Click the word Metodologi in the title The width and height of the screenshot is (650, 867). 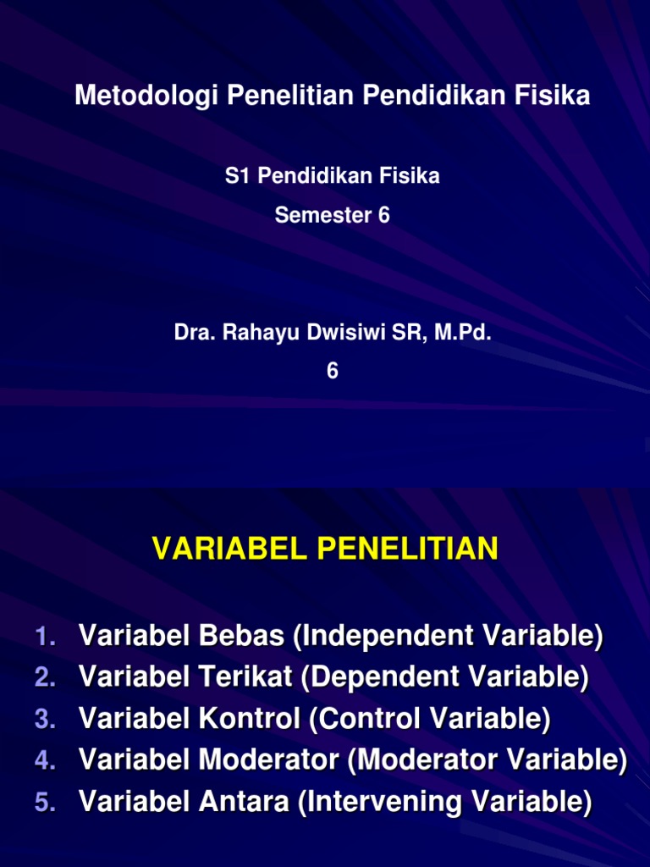coord(147,97)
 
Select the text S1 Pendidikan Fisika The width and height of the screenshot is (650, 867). coord(332,176)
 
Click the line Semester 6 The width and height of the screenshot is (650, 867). coord(332,216)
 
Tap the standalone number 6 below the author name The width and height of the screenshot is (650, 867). coord(332,372)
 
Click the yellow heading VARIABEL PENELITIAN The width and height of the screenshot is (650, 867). coord(325,549)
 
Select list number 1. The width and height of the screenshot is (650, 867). coord(46,637)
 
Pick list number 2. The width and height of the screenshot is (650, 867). coord(46,677)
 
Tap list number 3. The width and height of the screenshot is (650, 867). coord(46,720)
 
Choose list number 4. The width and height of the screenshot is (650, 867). coord(46,761)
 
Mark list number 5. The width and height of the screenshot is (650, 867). coord(46,803)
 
